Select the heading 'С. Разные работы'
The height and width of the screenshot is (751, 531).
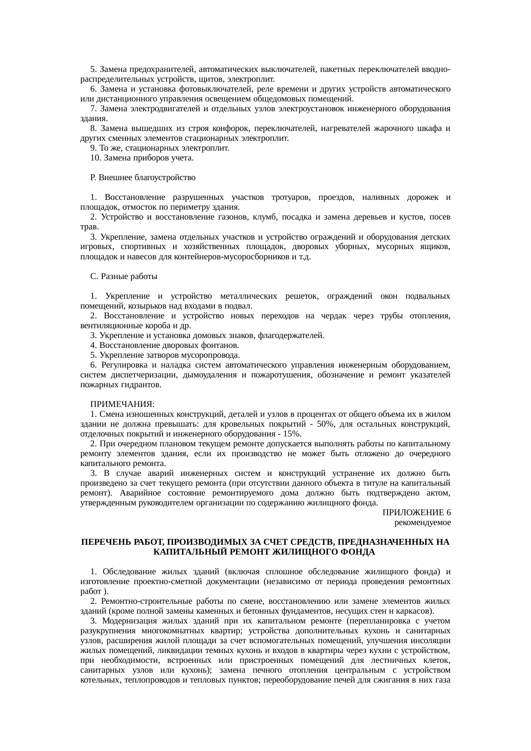124,276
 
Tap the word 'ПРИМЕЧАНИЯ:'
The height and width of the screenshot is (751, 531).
122,404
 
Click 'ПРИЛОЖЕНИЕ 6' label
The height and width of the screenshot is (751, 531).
416,513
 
